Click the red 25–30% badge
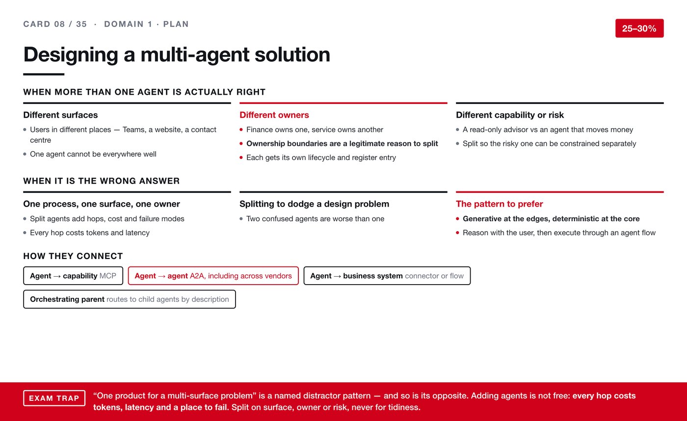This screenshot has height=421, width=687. coord(639,28)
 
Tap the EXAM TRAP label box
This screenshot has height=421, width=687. coord(54,398)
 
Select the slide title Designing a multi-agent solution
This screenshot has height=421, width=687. coord(177,54)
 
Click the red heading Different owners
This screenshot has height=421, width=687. coord(274,115)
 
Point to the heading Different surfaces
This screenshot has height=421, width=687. coord(60,115)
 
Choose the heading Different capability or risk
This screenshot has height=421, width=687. coord(510,115)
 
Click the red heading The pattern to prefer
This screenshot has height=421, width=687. coord(500,204)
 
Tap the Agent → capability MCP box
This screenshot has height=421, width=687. coord(73,276)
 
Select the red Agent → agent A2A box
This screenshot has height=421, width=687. coord(213,276)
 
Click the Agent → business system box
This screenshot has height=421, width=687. coord(387,276)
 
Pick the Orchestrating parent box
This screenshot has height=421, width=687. coord(130,299)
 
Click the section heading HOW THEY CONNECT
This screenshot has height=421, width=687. coord(73,256)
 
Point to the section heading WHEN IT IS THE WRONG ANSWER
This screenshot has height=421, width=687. coord(102,181)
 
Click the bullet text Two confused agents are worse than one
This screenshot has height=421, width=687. coord(315,219)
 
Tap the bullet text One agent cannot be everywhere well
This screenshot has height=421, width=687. coord(93,154)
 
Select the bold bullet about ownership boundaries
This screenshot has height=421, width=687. coord(343,143)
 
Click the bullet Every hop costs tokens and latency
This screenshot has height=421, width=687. coord(90,233)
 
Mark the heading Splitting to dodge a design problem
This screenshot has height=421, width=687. coord(315,204)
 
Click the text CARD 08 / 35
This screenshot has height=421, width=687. coord(55,24)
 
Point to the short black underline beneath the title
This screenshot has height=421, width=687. coord(44,74)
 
